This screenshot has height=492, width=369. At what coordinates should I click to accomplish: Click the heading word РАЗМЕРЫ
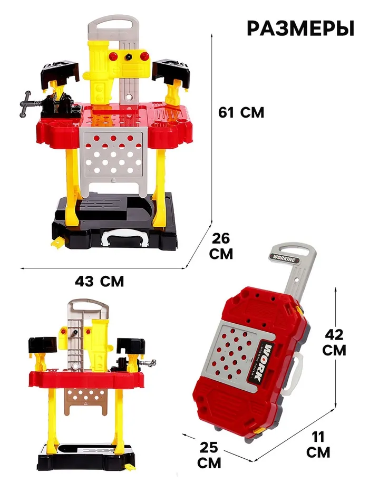(300, 28)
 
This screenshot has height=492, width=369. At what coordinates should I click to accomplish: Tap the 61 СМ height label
(241, 112)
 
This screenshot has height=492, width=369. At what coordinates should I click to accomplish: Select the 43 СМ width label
(100, 282)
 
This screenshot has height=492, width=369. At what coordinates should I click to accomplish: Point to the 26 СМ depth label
(221, 246)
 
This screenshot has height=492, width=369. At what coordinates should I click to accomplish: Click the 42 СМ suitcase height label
(334, 342)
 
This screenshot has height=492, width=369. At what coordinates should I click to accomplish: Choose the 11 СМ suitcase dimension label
(318, 445)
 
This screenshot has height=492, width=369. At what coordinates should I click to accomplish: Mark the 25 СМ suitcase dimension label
(209, 455)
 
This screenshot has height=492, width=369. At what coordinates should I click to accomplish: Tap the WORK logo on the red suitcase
(262, 363)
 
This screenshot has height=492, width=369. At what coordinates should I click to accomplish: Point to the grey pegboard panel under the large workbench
(113, 158)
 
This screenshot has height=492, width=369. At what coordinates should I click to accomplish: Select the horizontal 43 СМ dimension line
(102, 268)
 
